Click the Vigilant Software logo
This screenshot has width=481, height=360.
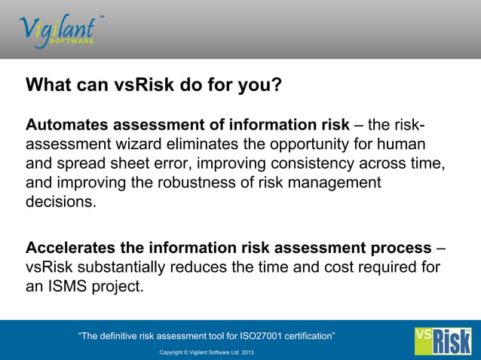[57, 29]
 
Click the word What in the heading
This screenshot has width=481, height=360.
[49, 84]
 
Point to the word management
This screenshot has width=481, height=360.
[336, 183]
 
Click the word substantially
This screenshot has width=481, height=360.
[121, 267]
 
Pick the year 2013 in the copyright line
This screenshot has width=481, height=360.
[248, 352]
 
